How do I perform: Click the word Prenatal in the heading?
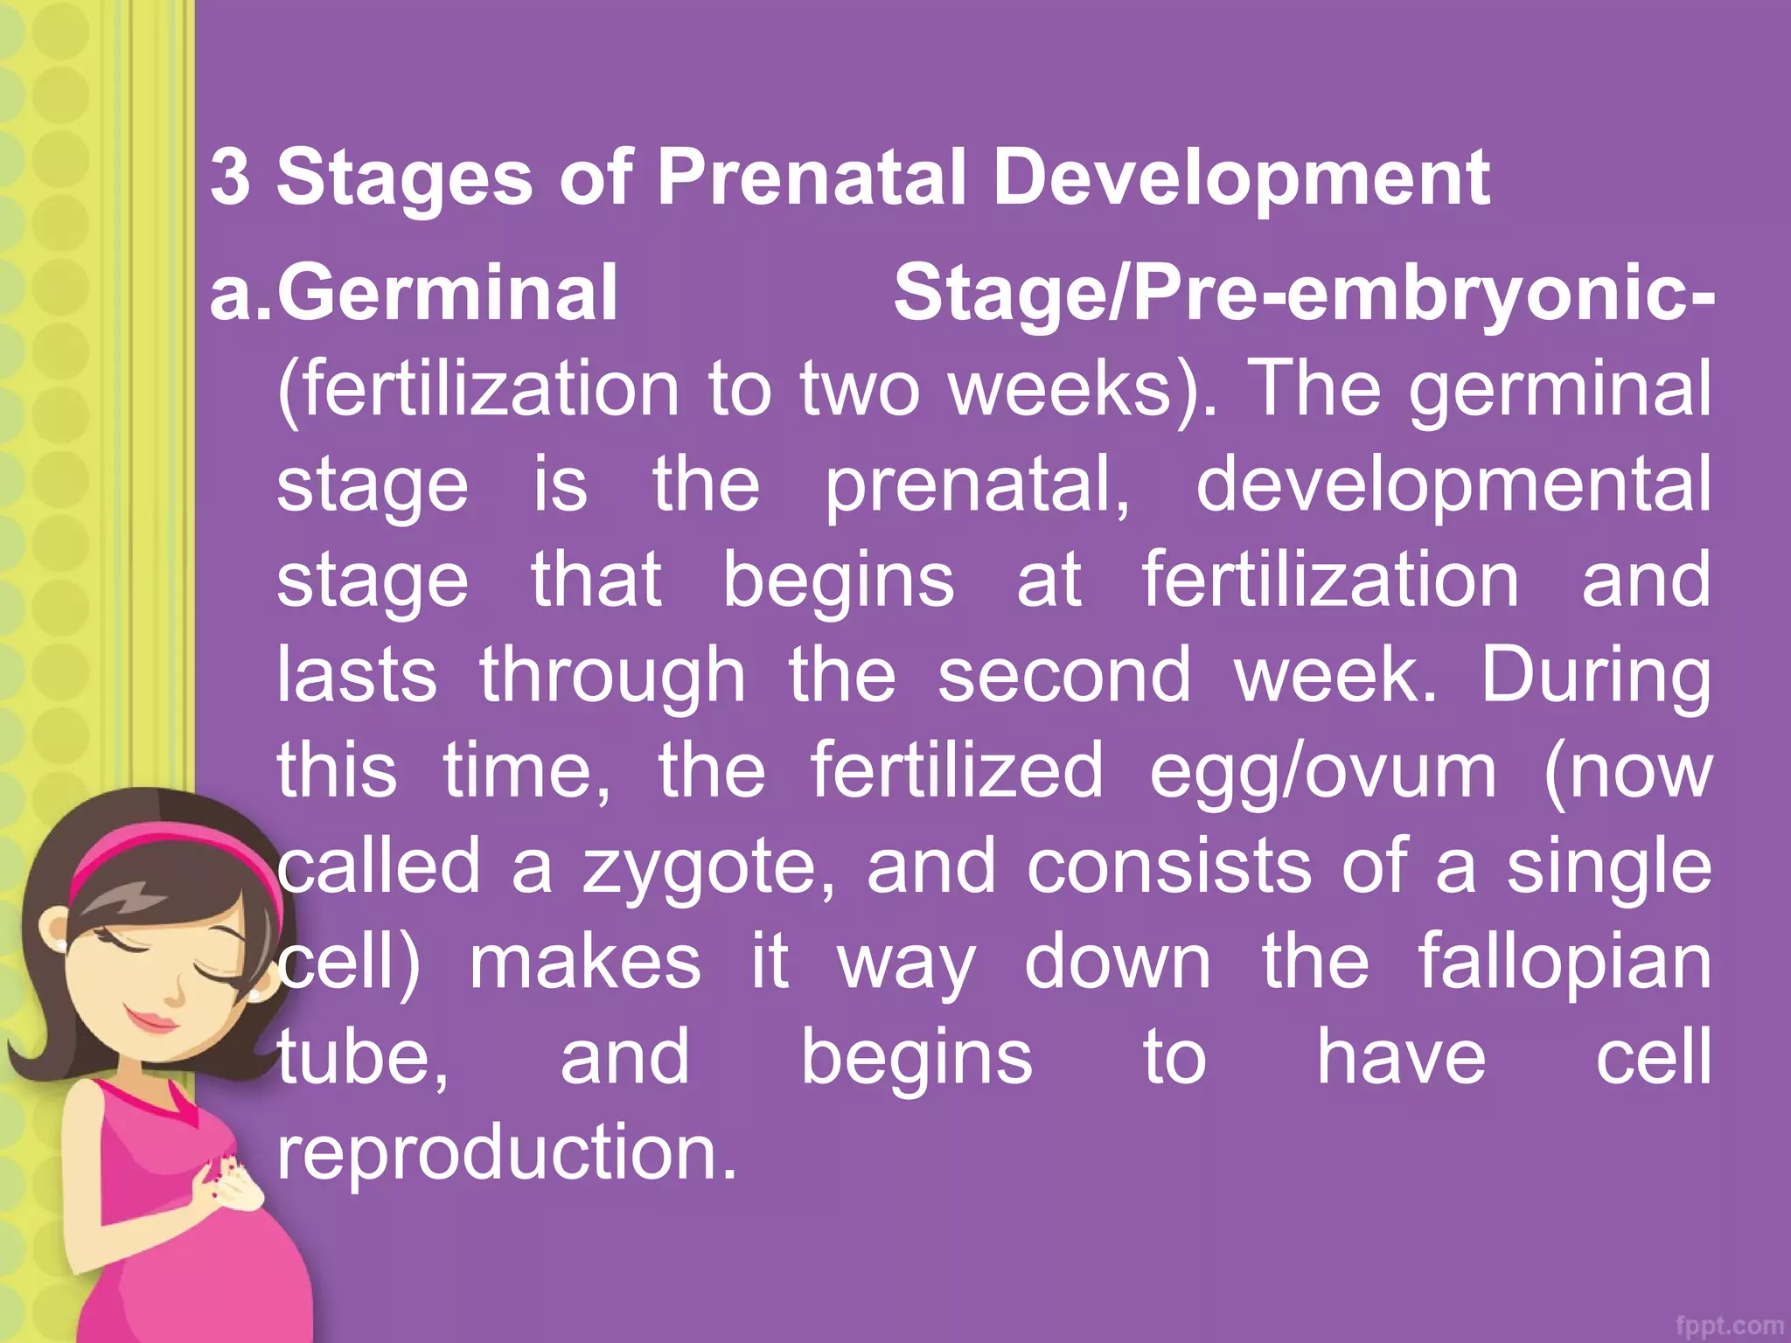click(x=812, y=177)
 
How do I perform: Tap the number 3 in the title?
click(x=230, y=177)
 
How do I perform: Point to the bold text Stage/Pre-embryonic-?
click(x=1303, y=295)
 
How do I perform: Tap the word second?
click(x=1064, y=675)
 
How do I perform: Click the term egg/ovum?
click(x=1322, y=771)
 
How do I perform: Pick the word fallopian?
click(x=1565, y=962)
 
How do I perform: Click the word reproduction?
click(x=507, y=1152)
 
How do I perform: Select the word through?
click(x=612, y=677)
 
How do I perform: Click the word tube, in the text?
click(x=363, y=1058)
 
